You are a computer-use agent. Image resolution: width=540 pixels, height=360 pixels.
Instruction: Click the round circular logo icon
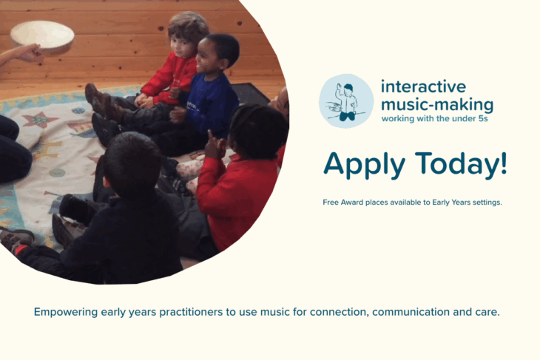coord(346,101)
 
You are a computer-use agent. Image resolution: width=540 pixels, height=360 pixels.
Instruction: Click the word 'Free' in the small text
coord(331,202)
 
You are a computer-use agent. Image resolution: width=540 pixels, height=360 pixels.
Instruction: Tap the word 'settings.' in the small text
coord(486,202)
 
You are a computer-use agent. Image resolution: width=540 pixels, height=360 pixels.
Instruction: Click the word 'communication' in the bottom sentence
coord(408,312)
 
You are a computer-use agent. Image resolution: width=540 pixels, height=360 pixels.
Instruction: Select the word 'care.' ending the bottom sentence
coord(486,312)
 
